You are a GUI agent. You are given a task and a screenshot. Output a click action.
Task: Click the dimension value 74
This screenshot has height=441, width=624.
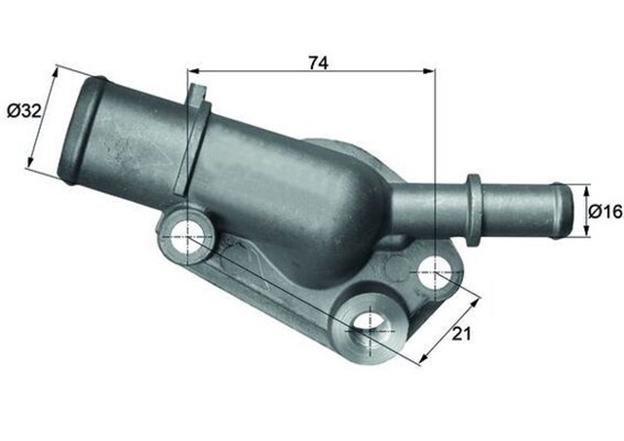click(x=317, y=62)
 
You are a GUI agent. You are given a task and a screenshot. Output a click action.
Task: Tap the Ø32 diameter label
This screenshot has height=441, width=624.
click(x=24, y=111)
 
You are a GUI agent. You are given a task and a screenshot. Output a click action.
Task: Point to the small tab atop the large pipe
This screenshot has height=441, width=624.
click(x=198, y=99)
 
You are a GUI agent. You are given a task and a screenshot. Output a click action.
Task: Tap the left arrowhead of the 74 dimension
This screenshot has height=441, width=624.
click(x=192, y=71)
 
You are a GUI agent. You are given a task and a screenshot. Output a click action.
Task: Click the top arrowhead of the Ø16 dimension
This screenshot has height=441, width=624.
click(x=587, y=188)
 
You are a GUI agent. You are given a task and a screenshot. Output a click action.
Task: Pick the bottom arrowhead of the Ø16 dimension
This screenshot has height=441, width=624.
click(x=587, y=232)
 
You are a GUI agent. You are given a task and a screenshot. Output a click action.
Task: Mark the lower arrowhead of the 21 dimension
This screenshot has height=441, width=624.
click(x=421, y=361)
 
